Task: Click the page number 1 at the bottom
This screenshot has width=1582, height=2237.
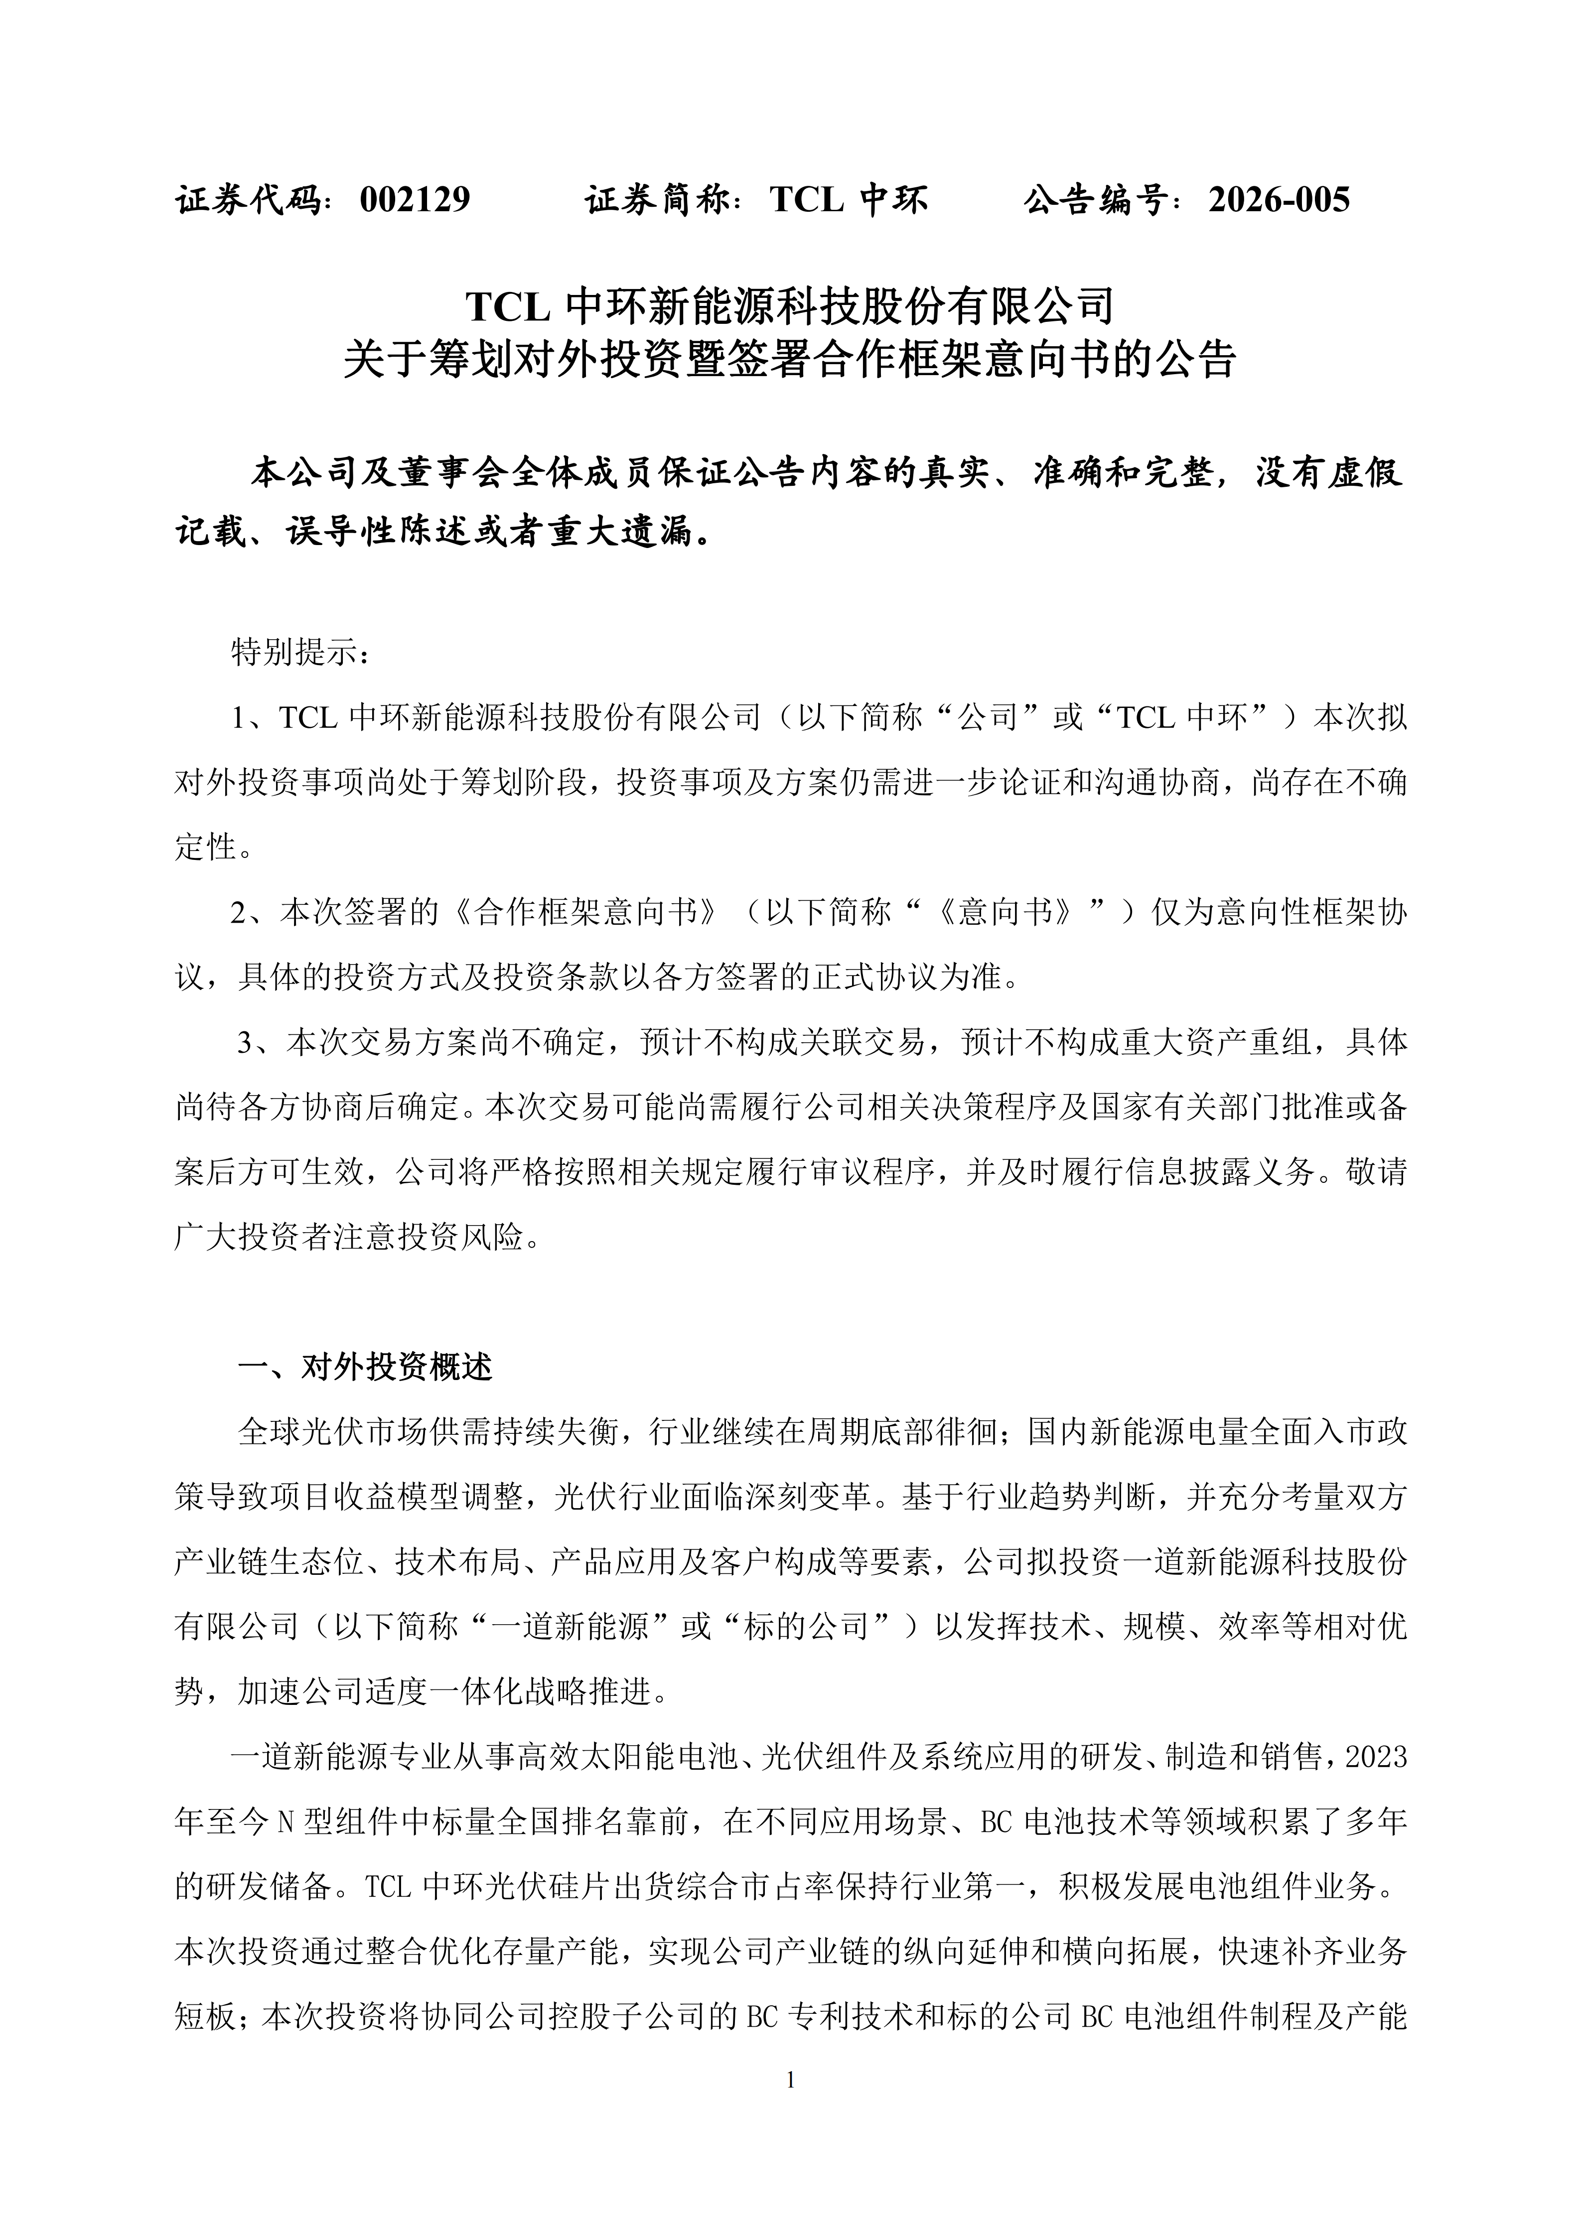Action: pyautogui.click(x=790, y=2080)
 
